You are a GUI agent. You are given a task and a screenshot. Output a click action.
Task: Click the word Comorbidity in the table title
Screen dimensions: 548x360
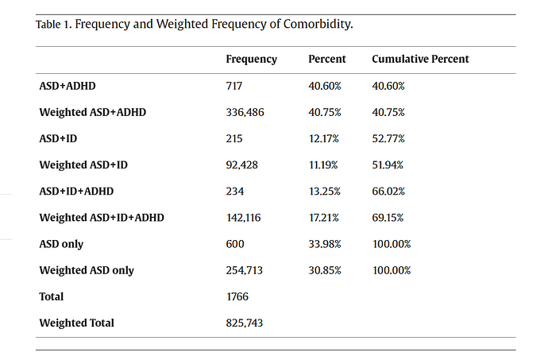[x=318, y=25]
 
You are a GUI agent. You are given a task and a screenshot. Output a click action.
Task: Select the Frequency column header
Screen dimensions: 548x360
[x=251, y=60]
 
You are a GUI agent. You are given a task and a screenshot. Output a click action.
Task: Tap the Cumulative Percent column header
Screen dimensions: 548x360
[x=420, y=59]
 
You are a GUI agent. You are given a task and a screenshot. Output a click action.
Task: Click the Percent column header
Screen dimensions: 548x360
[x=326, y=59]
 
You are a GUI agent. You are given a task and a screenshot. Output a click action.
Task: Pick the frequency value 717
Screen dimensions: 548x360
[x=233, y=86]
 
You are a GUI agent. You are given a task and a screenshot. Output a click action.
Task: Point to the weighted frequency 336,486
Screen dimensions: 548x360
[x=245, y=112]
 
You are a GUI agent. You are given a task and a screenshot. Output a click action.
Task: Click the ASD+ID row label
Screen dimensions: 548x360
[x=58, y=138]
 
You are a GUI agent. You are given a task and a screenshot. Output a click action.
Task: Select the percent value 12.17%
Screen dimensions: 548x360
[x=323, y=138]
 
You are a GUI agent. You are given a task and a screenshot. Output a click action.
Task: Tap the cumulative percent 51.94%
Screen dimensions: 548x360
[x=388, y=165]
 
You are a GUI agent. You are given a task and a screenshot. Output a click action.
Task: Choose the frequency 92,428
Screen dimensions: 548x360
[x=242, y=165]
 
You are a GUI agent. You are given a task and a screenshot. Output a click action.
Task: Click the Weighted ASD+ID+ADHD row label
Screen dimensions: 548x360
[x=102, y=218]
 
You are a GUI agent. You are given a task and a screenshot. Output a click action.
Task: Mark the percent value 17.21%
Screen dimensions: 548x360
[x=323, y=218]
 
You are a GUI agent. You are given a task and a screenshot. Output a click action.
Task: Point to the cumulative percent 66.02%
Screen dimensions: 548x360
[x=388, y=192]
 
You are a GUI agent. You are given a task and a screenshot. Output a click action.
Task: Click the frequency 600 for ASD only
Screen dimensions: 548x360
[x=235, y=244]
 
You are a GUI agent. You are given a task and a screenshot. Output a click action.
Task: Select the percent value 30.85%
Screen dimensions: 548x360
[x=325, y=270]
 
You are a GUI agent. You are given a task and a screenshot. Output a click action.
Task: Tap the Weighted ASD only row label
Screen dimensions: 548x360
[x=87, y=270]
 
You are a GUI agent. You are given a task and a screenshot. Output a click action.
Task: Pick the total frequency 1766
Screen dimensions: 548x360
[x=237, y=296]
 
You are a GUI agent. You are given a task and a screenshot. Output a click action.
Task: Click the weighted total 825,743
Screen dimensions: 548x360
[x=245, y=323]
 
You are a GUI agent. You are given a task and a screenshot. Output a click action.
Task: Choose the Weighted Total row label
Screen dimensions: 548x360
[x=76, y=323]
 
